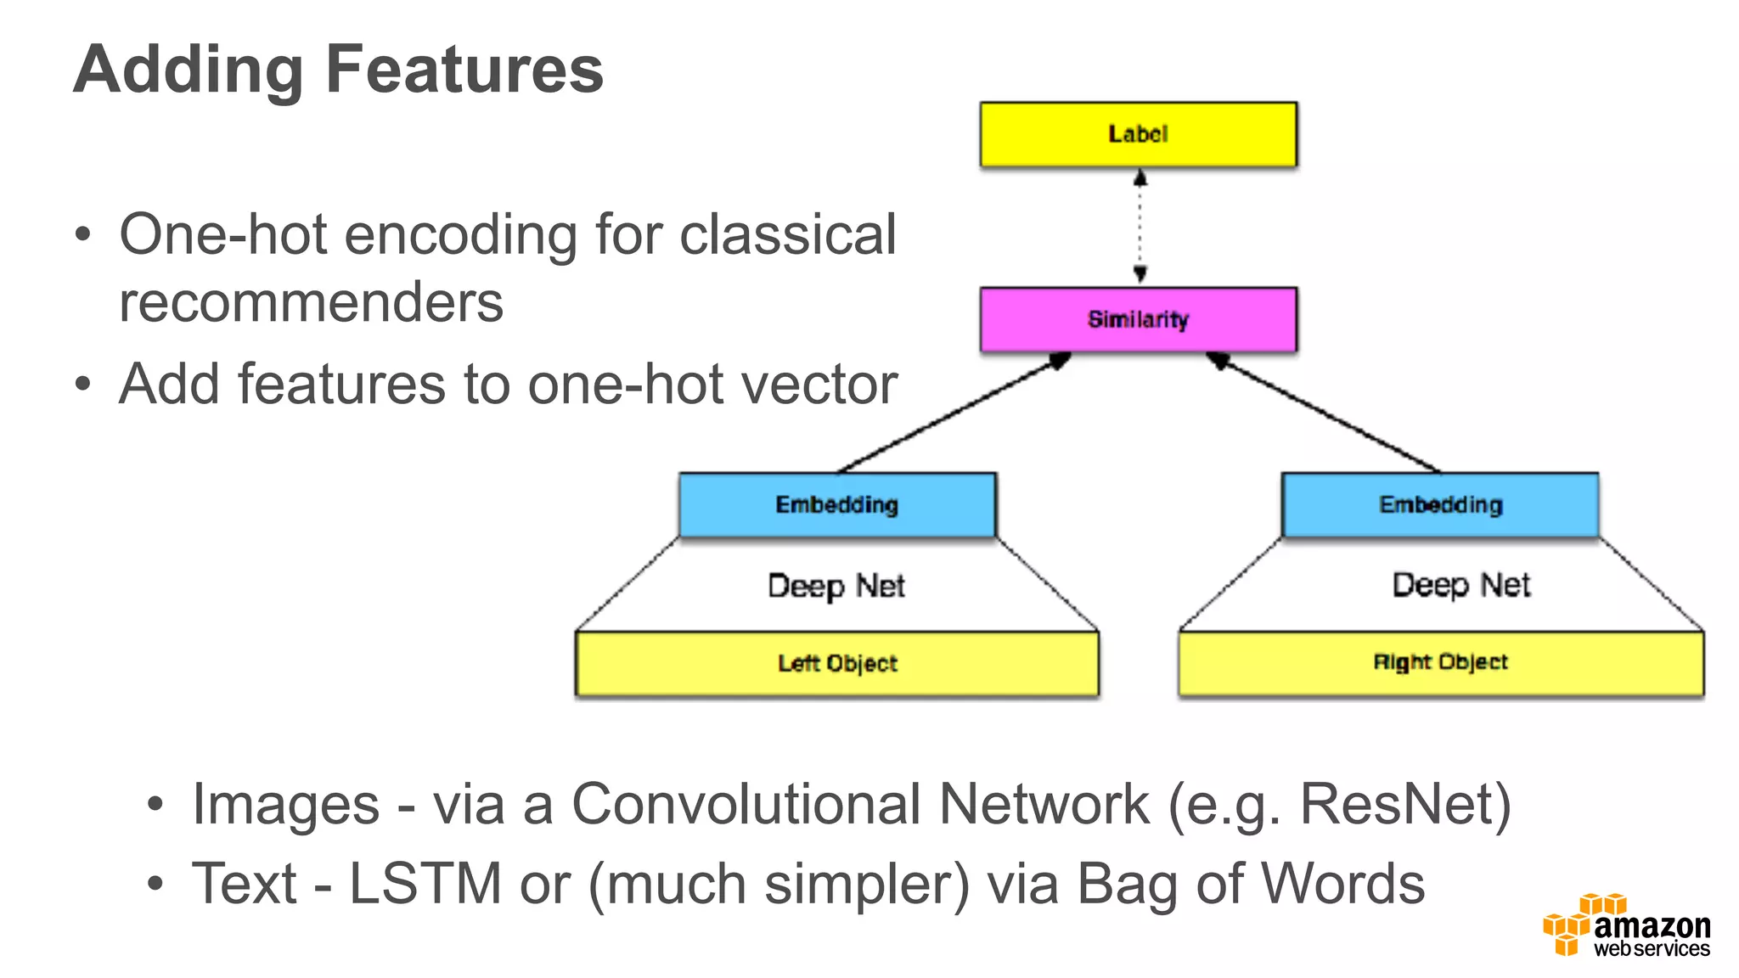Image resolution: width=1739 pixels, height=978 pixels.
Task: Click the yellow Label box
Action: point(1138,134)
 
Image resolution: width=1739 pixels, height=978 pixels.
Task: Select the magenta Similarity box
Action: point(1138,319)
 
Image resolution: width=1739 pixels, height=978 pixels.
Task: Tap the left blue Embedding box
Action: point(837,504)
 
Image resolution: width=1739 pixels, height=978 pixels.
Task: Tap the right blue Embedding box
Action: point(1440,504)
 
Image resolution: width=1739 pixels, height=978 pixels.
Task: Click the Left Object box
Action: point(837,663)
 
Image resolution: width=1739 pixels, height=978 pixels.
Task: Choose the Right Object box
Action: point(1440,662)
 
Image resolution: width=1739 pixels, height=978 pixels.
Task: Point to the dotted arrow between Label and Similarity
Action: point(1140,226)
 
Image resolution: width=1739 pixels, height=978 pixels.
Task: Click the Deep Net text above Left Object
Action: point(836,586)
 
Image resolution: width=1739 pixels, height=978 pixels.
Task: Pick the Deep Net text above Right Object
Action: point(1460,585)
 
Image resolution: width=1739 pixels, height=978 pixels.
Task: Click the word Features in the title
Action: point(464,70)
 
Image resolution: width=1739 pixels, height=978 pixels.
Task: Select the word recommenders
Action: point(311,302)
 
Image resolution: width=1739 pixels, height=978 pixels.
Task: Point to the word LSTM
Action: point(425,884)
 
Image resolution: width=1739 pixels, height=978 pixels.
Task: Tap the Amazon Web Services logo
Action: point(1626,927)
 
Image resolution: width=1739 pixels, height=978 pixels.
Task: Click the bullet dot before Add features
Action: point(82,384)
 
